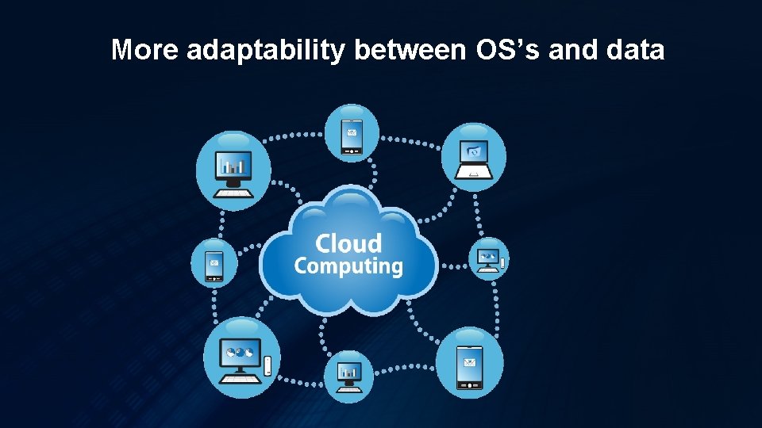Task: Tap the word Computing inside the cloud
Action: [348, 266]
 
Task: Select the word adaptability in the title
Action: [267, 50]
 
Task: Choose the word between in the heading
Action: [410, 50]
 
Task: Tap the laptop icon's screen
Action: [474, 151]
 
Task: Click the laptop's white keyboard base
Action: [473, 173]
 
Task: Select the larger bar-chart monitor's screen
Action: [233, 165]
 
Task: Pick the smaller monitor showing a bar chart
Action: [349, 371]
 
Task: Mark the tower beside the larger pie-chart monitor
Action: [268, 365]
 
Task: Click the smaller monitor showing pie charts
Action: [487, 256]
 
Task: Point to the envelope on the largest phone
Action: [470, 364]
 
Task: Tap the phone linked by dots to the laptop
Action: [352, 134]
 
